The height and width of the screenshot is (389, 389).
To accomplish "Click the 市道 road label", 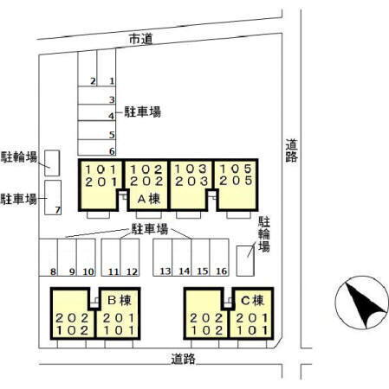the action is point(140,39).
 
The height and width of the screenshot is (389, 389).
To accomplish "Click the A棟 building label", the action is point(149,199).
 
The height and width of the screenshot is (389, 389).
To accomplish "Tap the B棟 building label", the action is point(120,300).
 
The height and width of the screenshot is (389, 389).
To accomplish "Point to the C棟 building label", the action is point(252,300).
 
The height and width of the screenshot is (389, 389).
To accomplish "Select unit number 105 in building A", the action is point(236,169).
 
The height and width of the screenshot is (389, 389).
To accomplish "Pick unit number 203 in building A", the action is point(191,182).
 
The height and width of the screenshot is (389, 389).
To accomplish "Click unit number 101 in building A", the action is point(100,169).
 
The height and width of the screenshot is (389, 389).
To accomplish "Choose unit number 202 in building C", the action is point(206,318).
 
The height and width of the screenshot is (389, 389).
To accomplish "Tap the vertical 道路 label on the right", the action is point(291,150).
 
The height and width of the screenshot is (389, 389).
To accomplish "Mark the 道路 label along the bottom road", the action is point(183,359).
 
